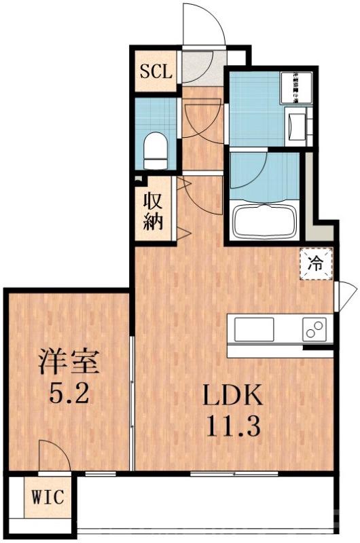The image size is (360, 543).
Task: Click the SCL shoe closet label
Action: pyautogui.click(x=157, y=70)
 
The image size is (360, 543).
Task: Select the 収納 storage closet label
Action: pyautogui.click(x=153, y=212)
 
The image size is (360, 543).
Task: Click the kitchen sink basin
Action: pyautogui.click(x=255, y=330)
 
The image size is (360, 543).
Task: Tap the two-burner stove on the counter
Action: pyautogui.click(x=315, y=329)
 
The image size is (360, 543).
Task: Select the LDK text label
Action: pyautogui.click(x=230, y=398)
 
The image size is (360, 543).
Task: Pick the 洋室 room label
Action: pyautogui.click(x=69, y=362)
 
